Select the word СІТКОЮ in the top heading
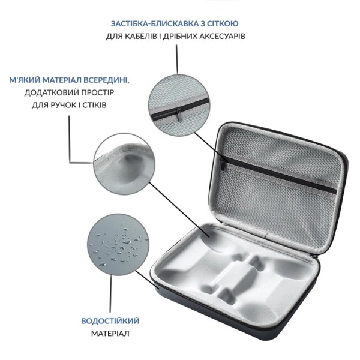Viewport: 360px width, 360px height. (x=223, y=23)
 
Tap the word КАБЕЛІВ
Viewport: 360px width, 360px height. (x=142, y=36)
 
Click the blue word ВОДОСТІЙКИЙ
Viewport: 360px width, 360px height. (x=110, y=321)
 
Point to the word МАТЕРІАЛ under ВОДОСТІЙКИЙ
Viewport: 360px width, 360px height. (x=110, y=334)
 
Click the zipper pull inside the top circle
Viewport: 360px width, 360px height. (x=179, y=115)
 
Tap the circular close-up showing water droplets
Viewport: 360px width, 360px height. (x=118, y=245)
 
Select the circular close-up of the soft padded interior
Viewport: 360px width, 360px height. (x=124, y=164)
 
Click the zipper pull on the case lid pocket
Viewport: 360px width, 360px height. (x=223, y=163)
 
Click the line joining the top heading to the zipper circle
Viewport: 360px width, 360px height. (x=177, y=59)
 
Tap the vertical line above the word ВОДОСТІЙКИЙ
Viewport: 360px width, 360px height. (x=111, y=294)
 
